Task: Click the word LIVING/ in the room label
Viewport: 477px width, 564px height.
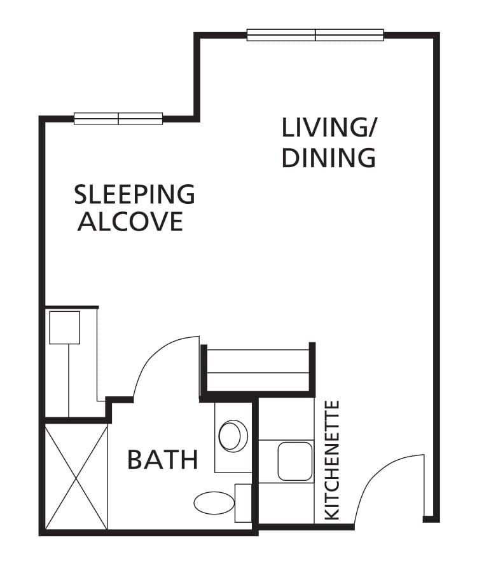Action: tap(329, 129)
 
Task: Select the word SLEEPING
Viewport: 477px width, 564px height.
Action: tap(134, 194)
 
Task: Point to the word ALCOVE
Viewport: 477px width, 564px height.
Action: tap(130, 222)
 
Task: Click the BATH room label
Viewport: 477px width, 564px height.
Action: tap(163, 460)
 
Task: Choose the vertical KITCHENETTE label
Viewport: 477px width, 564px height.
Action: tap(332, 460)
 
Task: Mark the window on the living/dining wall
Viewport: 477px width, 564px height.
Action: tap(315, 35)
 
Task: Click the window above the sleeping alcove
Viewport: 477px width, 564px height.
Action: tap(118, 118)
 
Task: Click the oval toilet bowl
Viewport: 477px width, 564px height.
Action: tap(214, 503)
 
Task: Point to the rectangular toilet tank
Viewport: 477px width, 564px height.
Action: tap(244, 503)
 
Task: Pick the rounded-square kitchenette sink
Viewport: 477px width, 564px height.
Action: tap(294, 461)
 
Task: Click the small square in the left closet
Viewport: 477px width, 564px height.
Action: tap(65, 327)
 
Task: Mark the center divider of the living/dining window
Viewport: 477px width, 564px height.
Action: tap(315, 35)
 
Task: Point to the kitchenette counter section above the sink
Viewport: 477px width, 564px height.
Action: tap(287, 419)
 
